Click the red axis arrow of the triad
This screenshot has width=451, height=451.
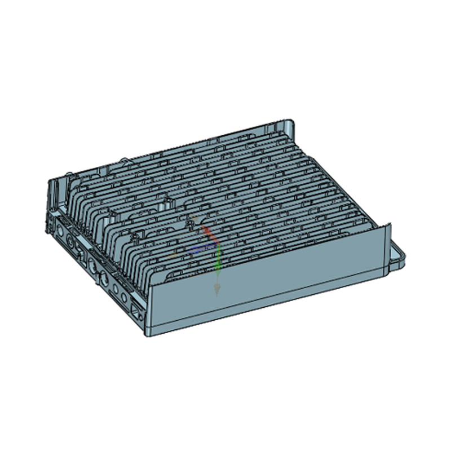click(x=207, y=232)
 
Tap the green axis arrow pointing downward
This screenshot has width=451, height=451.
click(x=218, y=265)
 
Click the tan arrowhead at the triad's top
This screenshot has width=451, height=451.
click(x=193, y=217)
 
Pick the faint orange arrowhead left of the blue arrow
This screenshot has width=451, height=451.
click(x=174, y=255)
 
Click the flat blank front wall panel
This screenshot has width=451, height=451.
click(x=265, y=282)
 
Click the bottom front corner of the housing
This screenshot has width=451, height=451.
click(x=148, y=333)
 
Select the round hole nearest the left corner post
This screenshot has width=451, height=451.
click(x=59, y=230)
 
